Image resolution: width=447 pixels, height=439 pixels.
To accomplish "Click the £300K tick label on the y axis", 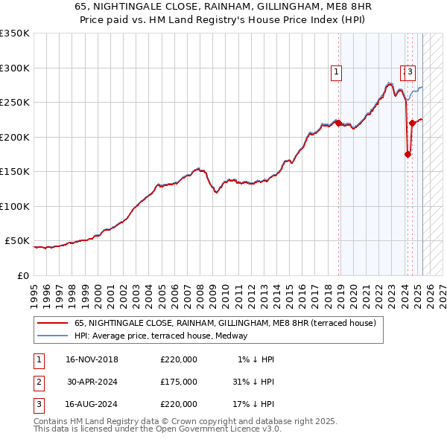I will pos(15,68).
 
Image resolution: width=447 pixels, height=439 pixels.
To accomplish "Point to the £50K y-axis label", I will pos(17,241).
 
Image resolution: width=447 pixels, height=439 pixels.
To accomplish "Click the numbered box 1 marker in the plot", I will pos(337,72).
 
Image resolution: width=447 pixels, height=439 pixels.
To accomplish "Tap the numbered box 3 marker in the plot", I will pos(410,72).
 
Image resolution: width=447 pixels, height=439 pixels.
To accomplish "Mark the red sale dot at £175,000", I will pos(408,154).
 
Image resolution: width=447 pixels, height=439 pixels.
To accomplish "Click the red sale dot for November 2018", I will pos(338,123).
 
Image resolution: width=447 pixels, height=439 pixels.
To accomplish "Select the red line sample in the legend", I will pos(52,323).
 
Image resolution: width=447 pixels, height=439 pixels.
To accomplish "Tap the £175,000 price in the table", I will pos(179,382).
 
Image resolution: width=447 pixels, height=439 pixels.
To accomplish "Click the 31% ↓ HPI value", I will pos(253,382).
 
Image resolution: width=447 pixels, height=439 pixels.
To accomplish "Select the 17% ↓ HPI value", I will pos(253,404).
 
